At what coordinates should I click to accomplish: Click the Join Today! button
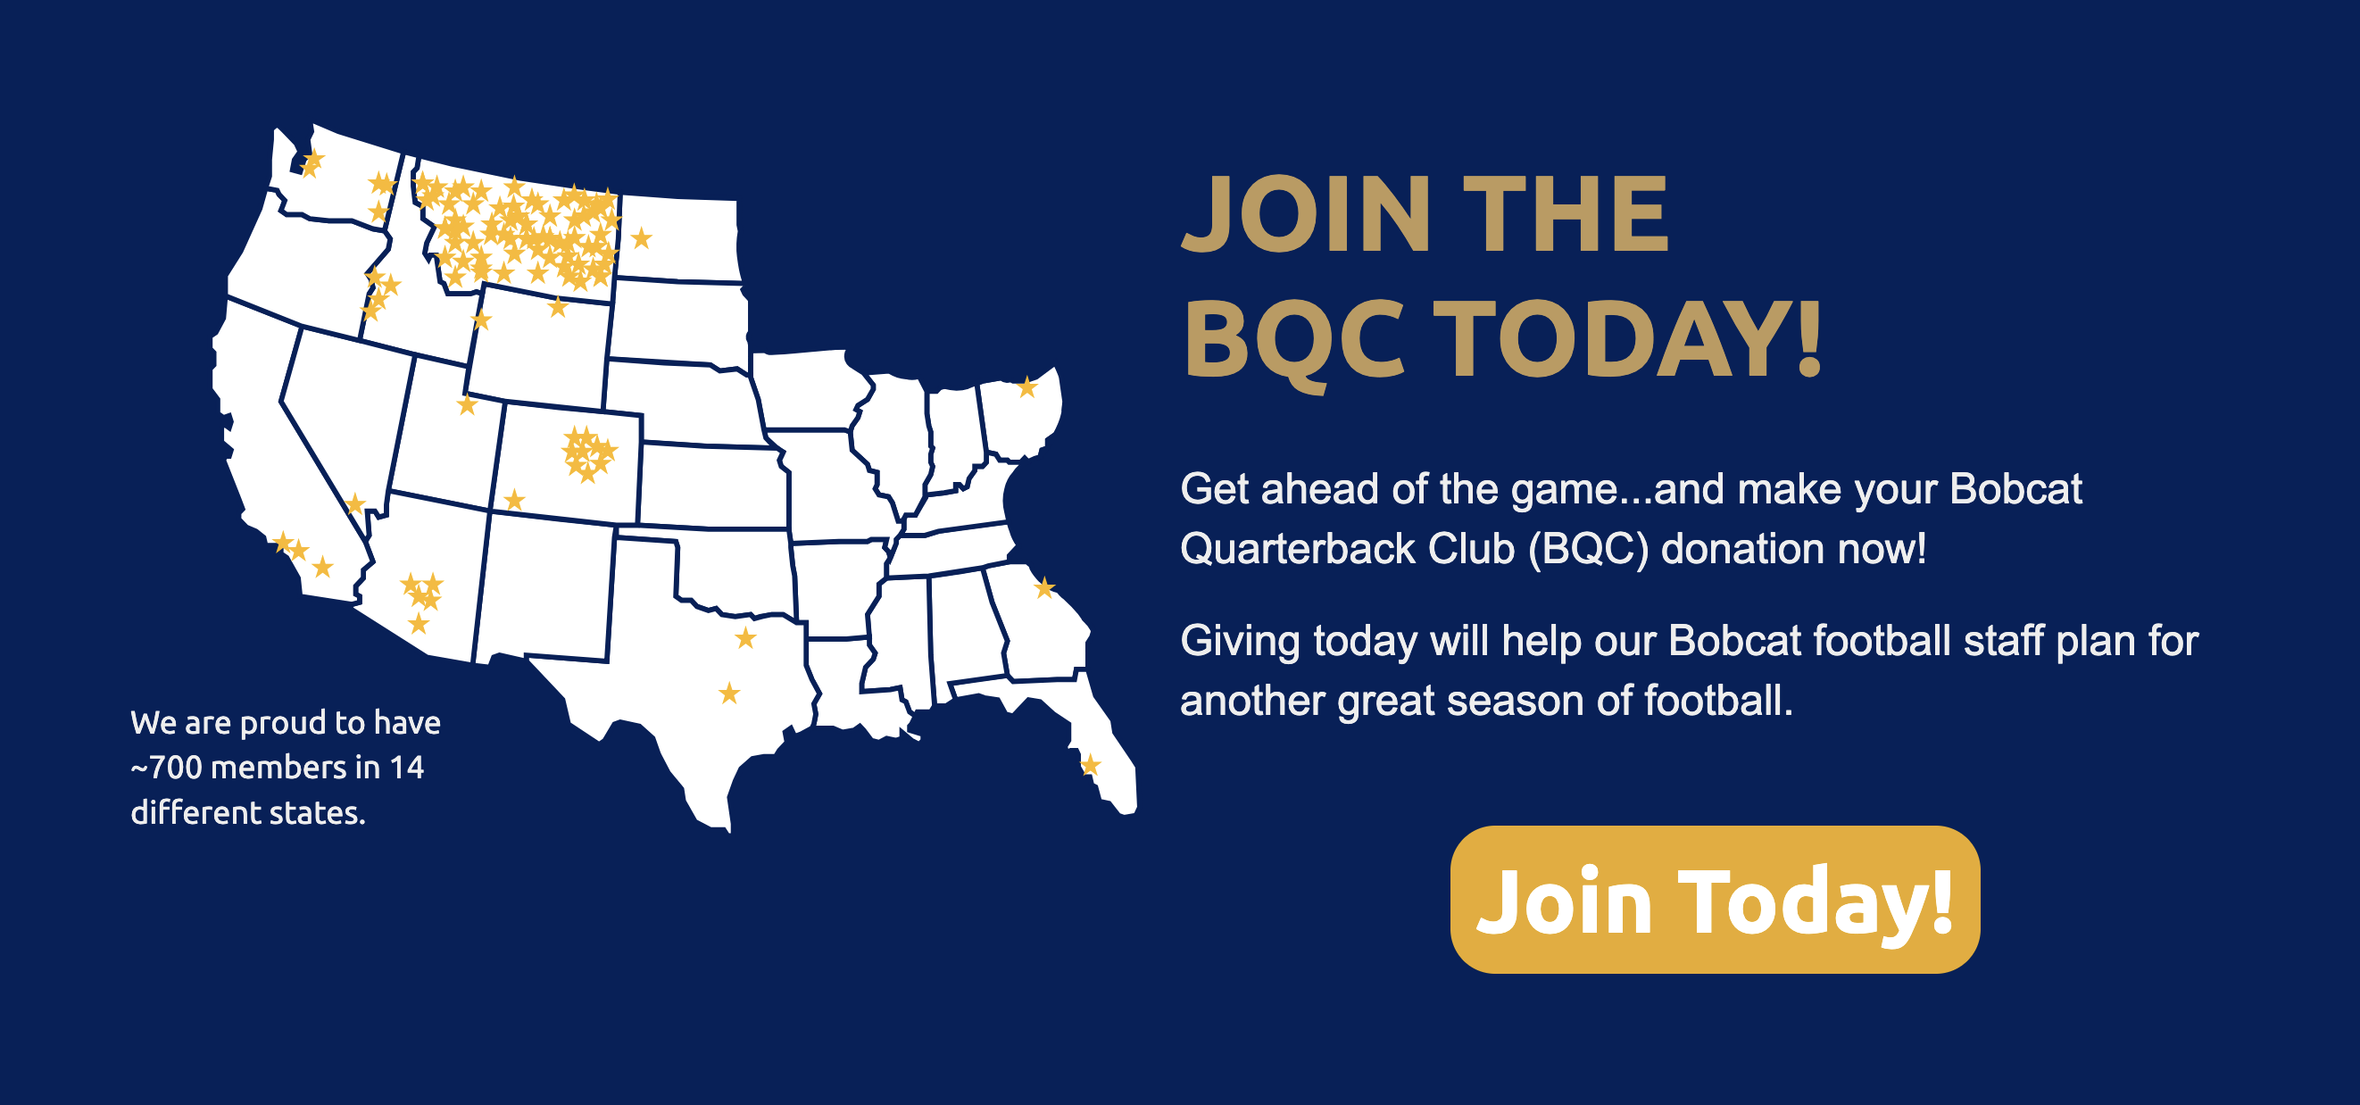coord(1714,899)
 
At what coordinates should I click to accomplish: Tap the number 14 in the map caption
coord(407,767)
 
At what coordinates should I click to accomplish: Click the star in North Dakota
coord(641,238)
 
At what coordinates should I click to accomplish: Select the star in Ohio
coord(1027,386)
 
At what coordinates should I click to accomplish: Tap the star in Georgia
coord(1044,587)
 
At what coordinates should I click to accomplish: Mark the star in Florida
coord(1089,764)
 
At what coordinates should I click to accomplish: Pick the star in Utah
coord(467,404)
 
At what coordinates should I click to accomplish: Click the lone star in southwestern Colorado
coord(514,499)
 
